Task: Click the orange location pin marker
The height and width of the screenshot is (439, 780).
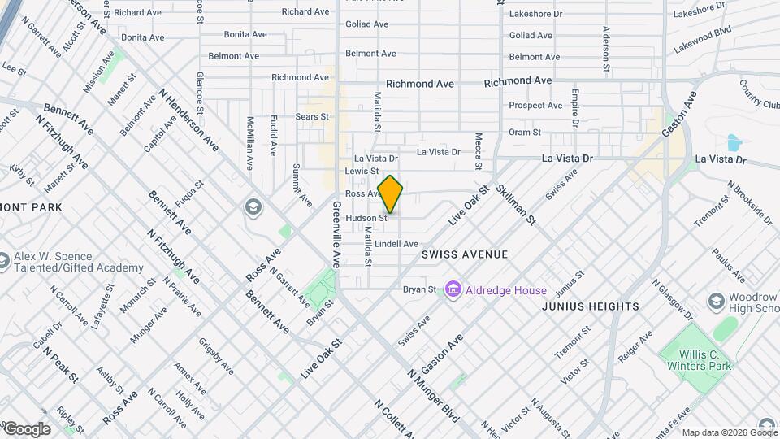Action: coord(391,195)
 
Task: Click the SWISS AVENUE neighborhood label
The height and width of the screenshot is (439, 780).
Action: coord(465,254)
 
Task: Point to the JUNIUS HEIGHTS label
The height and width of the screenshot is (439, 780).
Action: coord(591,306)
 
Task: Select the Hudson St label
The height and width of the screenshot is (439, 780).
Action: coord(366,218)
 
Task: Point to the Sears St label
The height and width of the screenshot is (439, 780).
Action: coord(312,117)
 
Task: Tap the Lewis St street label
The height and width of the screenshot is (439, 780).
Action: coord(362,172)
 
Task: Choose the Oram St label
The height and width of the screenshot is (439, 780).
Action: coord(525,133)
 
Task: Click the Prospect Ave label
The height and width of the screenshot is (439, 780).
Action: coord(535,106)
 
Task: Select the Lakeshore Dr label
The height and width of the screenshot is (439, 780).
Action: coord(535,14)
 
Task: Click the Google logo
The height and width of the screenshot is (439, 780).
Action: coord(26,429)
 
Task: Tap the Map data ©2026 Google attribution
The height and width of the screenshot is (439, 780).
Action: coord(729,432)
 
